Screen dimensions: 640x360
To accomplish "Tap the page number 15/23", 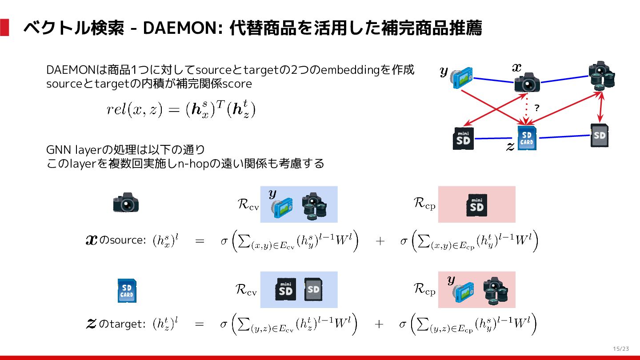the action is click(x=621, y=348).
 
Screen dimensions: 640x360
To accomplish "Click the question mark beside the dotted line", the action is click(x=536, y=108).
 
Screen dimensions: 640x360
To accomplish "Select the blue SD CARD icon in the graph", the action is click(x=527, y=138).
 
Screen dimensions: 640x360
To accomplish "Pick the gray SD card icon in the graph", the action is click(x=600, y=135).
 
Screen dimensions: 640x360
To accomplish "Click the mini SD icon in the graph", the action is click(x=463, y=138).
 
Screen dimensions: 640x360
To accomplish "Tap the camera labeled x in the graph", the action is click(x=527, y=83).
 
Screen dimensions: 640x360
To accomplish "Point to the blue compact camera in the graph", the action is click(x=461, y=77).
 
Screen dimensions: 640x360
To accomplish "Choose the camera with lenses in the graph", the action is click(x=602, y=76).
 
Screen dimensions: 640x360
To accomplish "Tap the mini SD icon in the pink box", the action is click(x=476, y=205).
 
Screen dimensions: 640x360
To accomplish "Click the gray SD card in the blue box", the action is click(x=313, y=289).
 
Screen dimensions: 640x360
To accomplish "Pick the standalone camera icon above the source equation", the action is click(x=126, y=203).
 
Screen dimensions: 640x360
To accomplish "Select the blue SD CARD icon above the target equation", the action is click(x=127, y=291).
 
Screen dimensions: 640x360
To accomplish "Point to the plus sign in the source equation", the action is click(x=380, y=241).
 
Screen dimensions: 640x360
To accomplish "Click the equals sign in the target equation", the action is click(x=200, y=324).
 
